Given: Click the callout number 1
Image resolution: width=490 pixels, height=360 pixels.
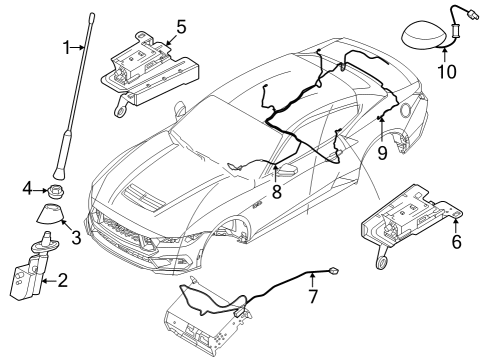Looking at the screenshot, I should (67, 47).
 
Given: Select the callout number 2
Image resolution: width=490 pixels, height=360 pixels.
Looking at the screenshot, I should (62, 282).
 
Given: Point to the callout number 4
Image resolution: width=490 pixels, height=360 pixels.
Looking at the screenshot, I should (29, 187).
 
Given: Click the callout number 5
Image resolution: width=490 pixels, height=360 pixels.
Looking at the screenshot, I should (181, 27).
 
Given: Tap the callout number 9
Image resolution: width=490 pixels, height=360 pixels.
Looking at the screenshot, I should (382, 152).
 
